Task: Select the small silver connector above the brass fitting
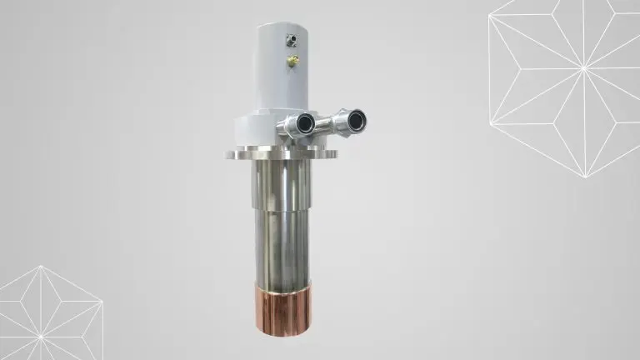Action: tap(292, 38)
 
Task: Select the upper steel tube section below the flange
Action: tap(281, 183)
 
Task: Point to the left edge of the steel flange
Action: tap(226, 154)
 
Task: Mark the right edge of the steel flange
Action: tap(336, 154)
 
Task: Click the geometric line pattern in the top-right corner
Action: tap(567, 75)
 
